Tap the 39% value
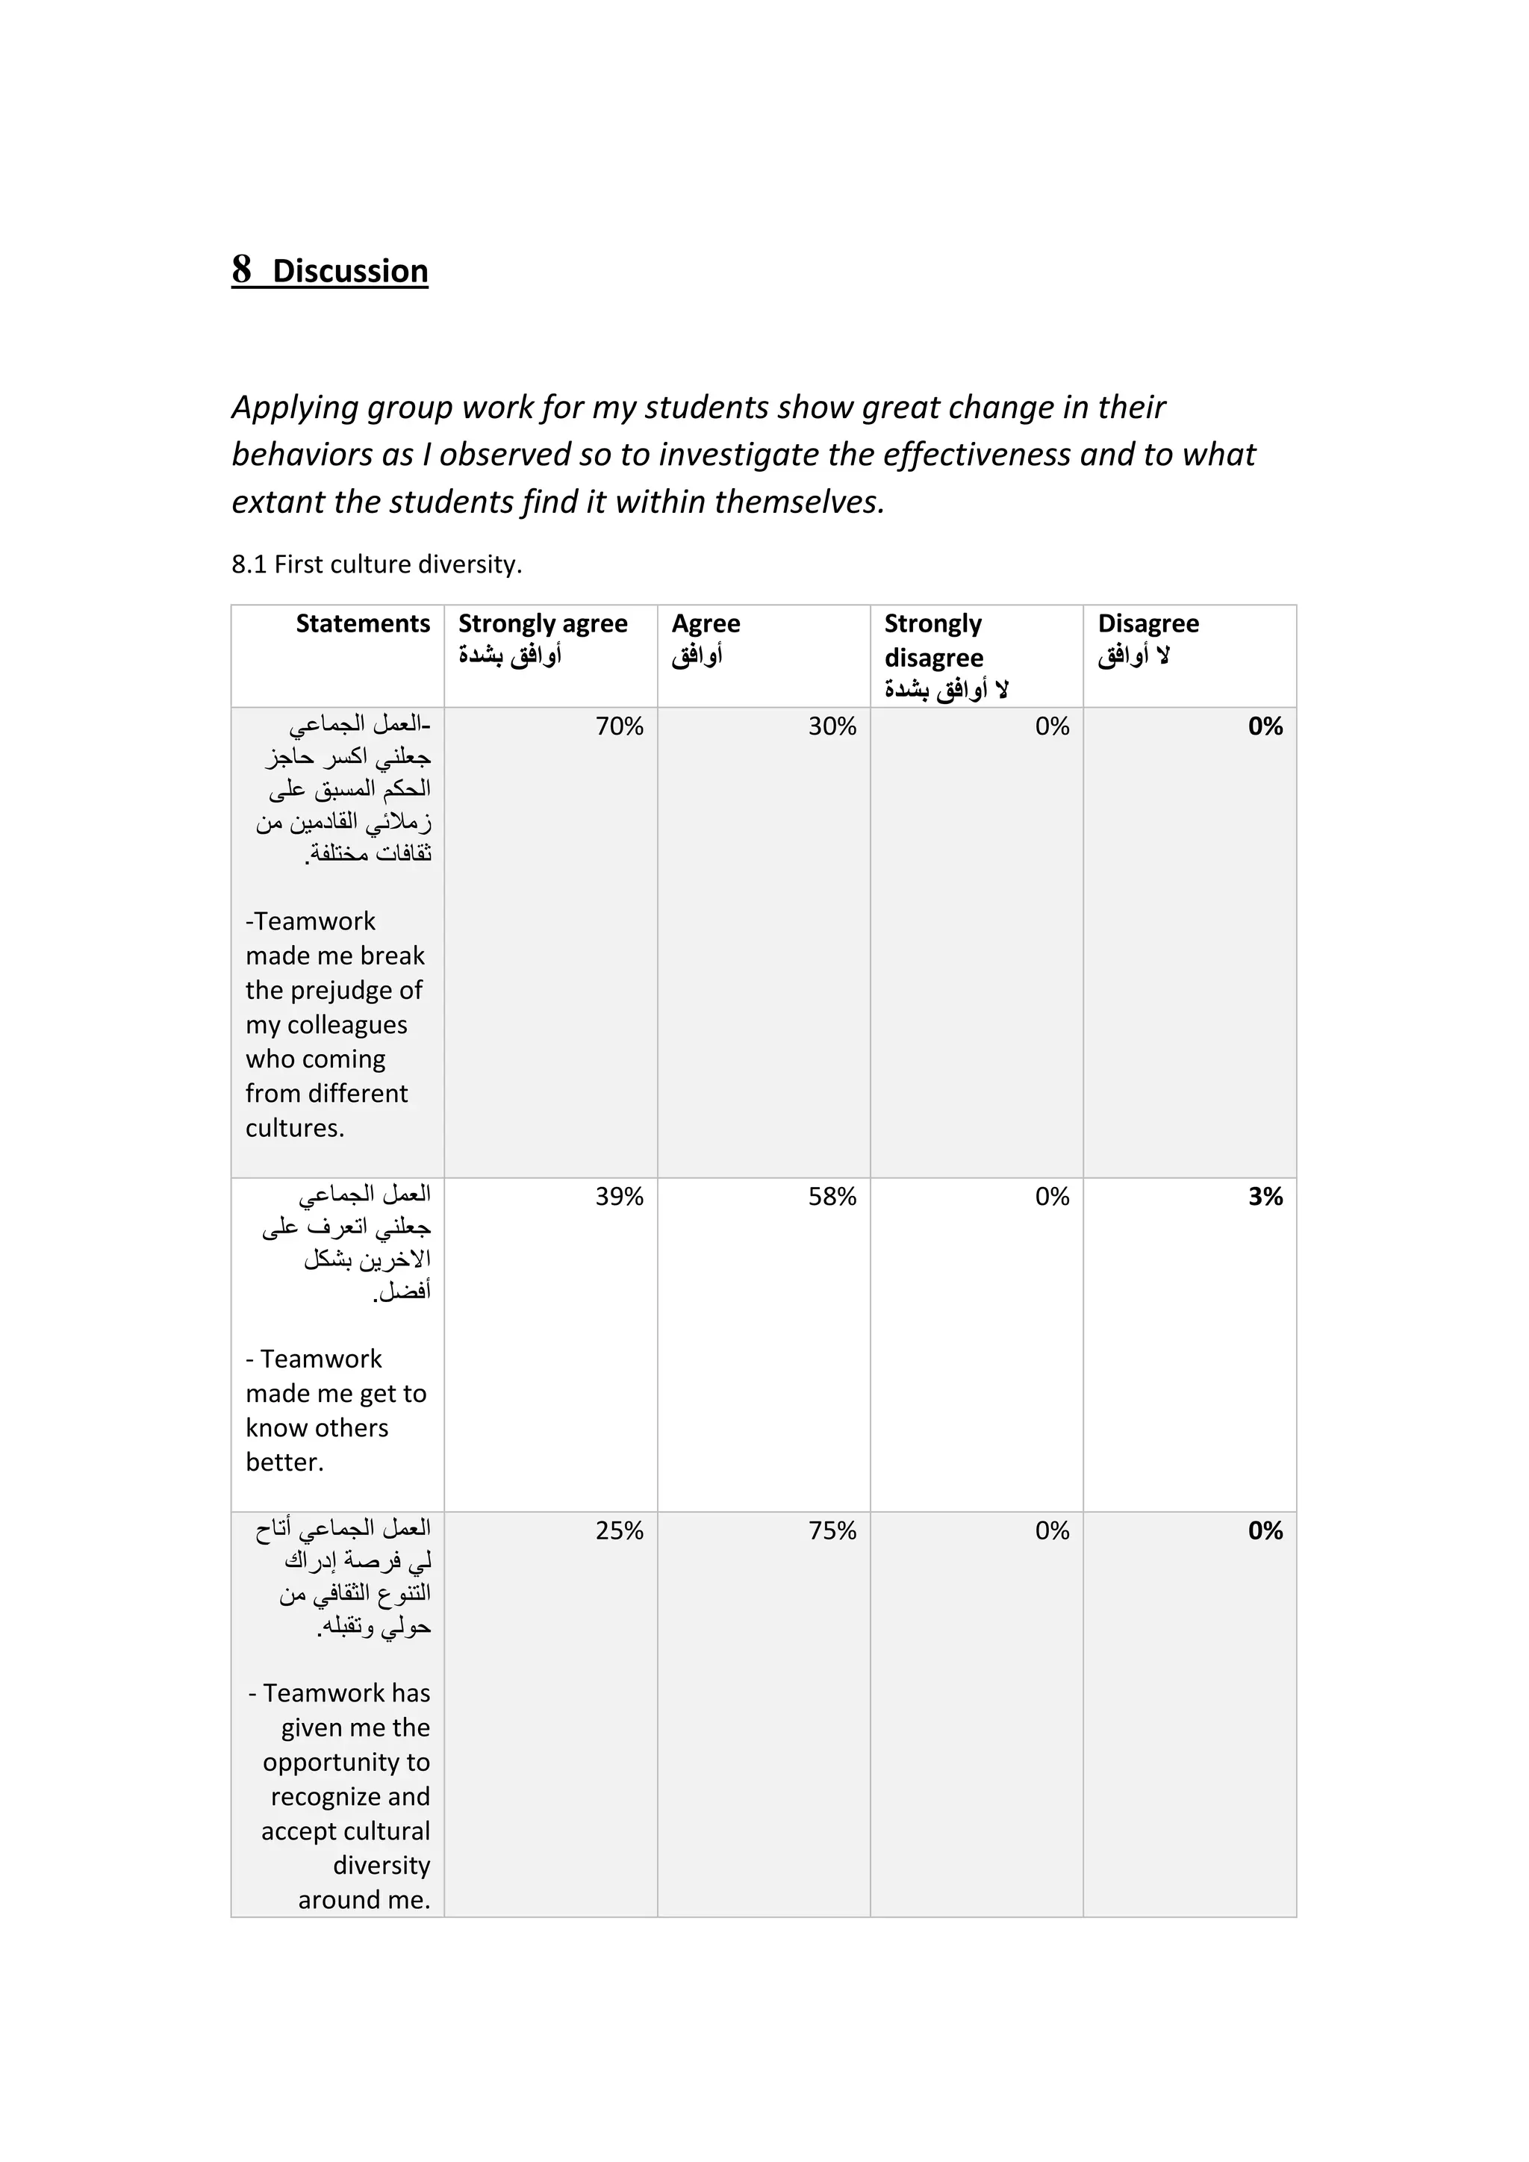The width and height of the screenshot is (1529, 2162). click(619, 1196)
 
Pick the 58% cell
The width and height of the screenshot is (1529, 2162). click(832, 1196)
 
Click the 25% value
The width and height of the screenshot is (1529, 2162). click(619, 1530)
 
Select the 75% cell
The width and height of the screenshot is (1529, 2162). click(832, 1530)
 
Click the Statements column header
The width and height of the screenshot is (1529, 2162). click(363, 623)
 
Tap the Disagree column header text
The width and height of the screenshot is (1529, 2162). click(1147, 623)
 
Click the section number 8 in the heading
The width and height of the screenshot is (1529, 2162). click(242, 270)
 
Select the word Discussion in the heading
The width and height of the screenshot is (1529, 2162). click(350, 271)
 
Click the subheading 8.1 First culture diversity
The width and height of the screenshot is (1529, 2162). click(376, 564)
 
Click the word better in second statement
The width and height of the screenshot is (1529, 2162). click(284, 1462)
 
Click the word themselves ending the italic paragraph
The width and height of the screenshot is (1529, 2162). click(798, 502)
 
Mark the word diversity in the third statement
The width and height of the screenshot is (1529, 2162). click(382, 1866)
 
